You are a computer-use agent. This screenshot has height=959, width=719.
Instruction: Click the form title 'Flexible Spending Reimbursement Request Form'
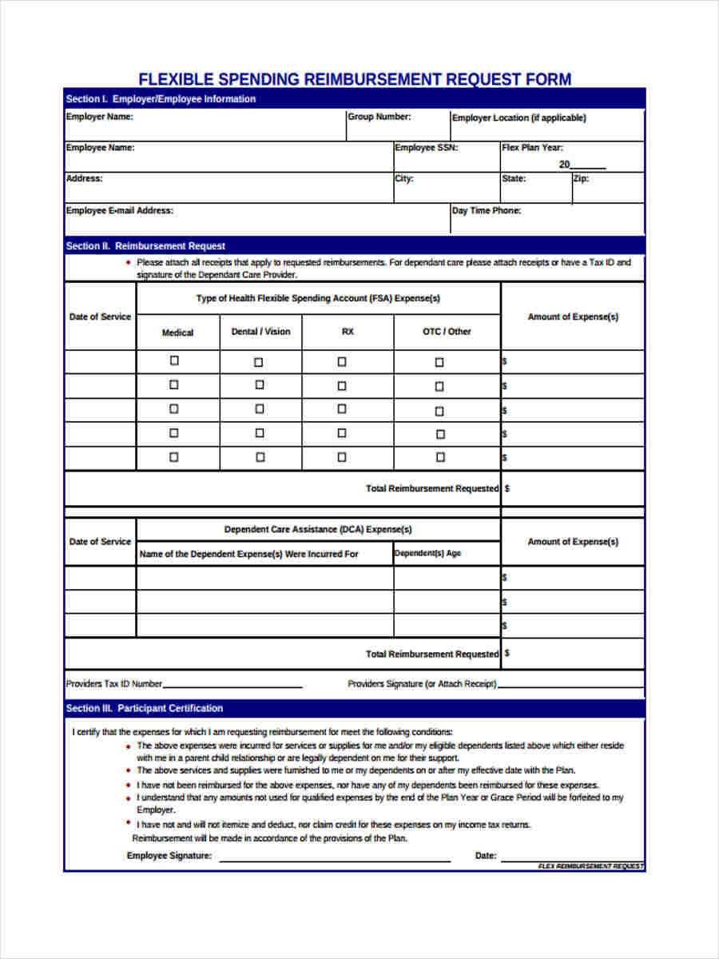(x=355, y=79)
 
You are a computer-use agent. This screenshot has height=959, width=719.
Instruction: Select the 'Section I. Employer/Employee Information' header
(x=161, y=99)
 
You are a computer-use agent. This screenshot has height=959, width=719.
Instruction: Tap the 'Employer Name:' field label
(x=99, y=117)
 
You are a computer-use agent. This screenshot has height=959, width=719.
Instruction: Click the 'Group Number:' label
(x=379, y=117)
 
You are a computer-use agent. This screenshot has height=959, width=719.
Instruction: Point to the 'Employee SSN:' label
(x=426, y=148)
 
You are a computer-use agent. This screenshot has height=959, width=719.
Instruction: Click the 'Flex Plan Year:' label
(x=532, y=148)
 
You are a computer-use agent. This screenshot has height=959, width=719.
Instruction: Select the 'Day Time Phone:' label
(x=486, y=211)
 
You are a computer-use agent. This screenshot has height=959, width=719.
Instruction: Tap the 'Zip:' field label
(x=581, y=178)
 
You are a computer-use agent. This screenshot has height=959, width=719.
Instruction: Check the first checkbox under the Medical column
(x=174, y=361)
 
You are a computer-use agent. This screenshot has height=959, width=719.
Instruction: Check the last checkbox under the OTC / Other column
(x=439, y=458)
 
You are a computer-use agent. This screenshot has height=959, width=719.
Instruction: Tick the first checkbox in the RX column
(x=342, y=362)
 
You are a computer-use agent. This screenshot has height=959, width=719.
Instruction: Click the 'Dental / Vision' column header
(x=260, y=332)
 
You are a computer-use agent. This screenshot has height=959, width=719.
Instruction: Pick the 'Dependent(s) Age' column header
(x=427, y=553)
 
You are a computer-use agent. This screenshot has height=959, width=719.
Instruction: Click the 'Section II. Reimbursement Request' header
(x=145, y=246)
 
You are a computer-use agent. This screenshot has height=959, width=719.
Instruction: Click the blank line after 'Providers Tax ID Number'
(x=232, y=686)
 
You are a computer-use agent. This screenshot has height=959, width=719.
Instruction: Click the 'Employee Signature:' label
(x=169, y=856)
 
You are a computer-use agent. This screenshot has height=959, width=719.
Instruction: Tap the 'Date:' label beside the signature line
(x=486, y=856)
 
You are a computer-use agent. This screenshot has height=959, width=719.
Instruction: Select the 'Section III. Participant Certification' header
(x=145, y=708)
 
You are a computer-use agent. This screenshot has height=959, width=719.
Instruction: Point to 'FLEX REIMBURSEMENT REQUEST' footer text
(x=590, y=866)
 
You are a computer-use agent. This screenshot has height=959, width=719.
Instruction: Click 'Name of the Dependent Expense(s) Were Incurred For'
(x=248, y=554)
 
